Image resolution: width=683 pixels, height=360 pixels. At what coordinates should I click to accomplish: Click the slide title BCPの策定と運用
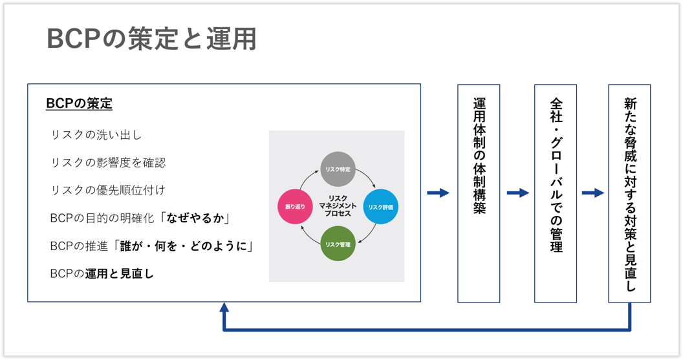pyautogui.click(x=151, y=39)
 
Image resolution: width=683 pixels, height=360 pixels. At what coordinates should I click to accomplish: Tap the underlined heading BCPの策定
pyautogui.click(x=79, y=104)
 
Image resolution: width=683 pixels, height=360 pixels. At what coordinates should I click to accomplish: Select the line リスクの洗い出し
pyautogui.click(x=96, y=135)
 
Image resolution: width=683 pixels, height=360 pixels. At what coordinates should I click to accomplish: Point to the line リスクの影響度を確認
pyautogui.click(x=107, y=162)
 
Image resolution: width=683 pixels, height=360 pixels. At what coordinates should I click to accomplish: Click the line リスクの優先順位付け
pyautogui.click(x=107, y=190)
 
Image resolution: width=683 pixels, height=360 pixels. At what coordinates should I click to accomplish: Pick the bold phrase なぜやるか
pyautogui.click(x=199, y=218)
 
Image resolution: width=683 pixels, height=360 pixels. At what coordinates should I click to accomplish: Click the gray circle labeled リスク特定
pyautogui.click(x=338, y=169)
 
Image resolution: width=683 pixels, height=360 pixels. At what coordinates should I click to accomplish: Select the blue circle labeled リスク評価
pyautogui.click(x=380, y=207)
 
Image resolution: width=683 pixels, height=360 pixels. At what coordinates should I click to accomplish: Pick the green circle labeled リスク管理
pyautogui.click(x=338, y=244)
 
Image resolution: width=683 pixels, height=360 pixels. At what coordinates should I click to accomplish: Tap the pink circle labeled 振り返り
pyautogui.click(x=294, y=207)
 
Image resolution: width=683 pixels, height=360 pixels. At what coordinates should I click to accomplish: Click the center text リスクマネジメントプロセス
pyautogui.click(x=338, y=206)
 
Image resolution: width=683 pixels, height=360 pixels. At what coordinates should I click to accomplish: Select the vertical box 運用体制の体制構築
pyautogui.click(x=479, y=193)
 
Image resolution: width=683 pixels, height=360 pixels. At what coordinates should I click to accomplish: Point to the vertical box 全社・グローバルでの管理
pyautogui.click(x=556, y=193)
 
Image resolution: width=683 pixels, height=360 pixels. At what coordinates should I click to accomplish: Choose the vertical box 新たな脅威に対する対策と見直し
pyautogui.click(x=629, y=193)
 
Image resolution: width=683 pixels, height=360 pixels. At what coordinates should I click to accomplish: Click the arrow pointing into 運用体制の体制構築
pyautogui.click(x=439, y=193)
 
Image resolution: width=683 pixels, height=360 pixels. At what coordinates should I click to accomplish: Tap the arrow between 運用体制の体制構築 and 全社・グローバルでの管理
pyautogui.click(x=517, y=193)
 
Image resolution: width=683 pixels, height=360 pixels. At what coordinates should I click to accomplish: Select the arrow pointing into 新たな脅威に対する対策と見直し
pyautogui.click(x=592, y=193)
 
